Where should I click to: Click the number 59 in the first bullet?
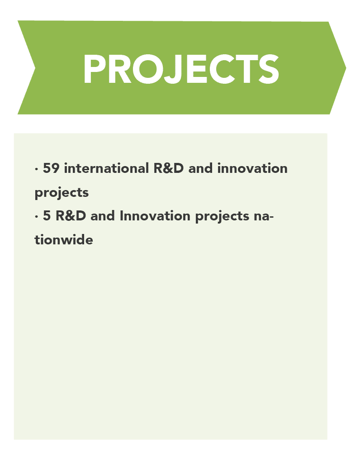point(51,168)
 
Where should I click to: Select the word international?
point(106,168)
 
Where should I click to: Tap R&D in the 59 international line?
point(168,168)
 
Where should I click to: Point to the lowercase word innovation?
point(252,168)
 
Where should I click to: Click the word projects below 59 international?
point(62,193)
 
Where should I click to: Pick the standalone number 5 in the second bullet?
point(47,215)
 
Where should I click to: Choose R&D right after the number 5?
point(71,215)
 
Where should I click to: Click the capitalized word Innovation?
point(155,215)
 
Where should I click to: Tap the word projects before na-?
point(222,217)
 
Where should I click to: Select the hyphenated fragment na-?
point(264,216)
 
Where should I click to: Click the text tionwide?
point(64,239)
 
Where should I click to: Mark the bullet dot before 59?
point(36,169)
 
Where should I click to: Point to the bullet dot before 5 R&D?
point(36,217)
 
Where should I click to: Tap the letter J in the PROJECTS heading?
point(173,69)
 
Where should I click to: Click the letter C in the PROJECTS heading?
point(223,69)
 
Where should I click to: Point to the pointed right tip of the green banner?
point(346,68)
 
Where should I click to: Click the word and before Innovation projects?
point(103,215)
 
